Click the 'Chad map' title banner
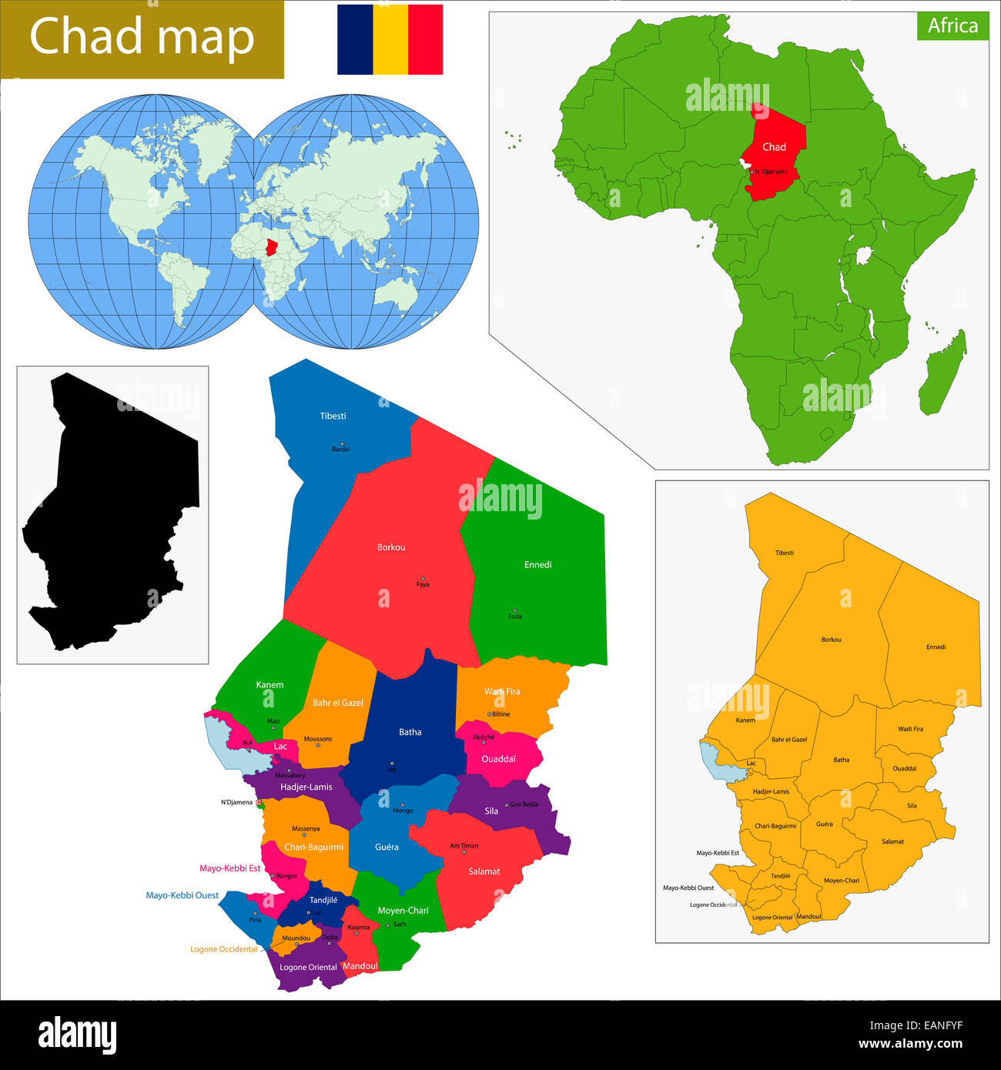tap(142, 38)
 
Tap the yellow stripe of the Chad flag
tap(390, 39)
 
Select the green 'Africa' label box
tap(952, 25)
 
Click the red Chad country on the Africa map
tap(776, 154)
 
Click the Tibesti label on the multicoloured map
tap(333, 416)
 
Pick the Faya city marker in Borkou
tap(422, 579)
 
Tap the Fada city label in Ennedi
tap(515, 617)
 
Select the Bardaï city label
tap(340, 450)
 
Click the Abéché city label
tap(484, 737)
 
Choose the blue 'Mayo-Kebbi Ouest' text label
tap(182, 895)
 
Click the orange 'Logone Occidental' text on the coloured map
tap(224, 949)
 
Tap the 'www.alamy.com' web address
tap(910, 1045)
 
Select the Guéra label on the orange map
tap(824, 824)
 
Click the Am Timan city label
tap(464, 846)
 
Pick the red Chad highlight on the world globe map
tap(270, 248)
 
